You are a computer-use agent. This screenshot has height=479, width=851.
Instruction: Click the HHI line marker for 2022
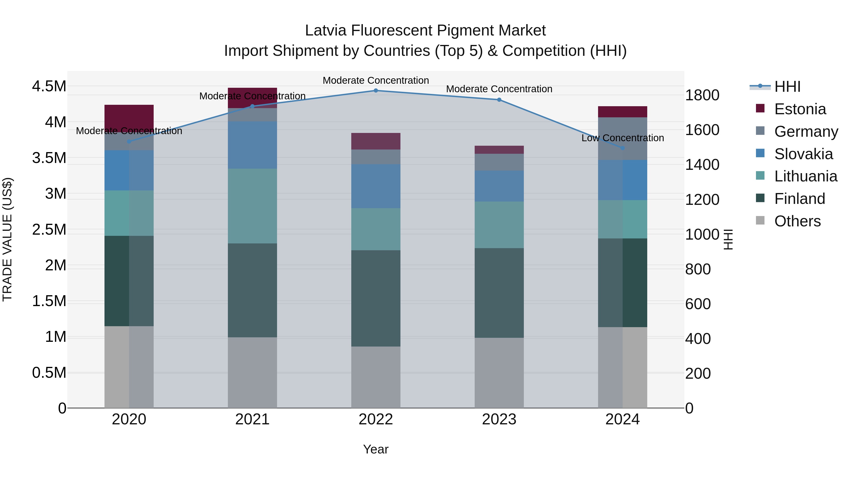(x=376, y=91)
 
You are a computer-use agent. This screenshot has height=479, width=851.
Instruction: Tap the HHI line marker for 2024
(x=622, y=148)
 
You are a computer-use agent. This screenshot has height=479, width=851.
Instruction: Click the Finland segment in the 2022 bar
(x=376, y=298)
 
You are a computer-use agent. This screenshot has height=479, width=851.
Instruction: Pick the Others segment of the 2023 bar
(x=499, y=373)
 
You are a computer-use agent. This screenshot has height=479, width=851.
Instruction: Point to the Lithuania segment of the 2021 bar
(x=252, y=206)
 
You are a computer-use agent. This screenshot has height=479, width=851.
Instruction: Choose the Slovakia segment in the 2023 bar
(x=499, y=186)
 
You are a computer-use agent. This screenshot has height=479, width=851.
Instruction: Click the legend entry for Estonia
(x=799, y=109)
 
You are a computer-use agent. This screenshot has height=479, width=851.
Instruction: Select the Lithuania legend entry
(x=805, y=176)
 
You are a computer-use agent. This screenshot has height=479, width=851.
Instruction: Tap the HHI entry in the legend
(x=787, y=87)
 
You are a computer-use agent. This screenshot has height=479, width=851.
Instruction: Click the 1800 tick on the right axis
(x=702, y=95)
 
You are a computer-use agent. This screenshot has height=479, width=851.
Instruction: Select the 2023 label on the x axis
(x=499, y=419)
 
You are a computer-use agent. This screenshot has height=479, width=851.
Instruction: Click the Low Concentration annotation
(x=622, y=138)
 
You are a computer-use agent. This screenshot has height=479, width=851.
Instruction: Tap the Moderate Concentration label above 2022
(x=376, y=80)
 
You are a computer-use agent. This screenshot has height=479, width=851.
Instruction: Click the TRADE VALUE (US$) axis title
(x=8, y=239)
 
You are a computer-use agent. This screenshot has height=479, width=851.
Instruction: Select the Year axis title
(x=376, y=449)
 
